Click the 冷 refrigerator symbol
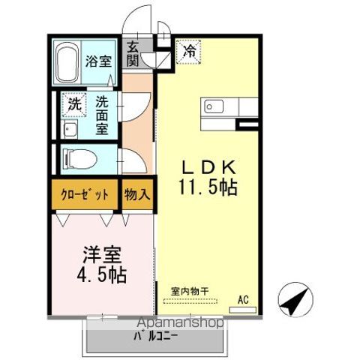(x=189, y=52)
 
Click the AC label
(x=243, y=299)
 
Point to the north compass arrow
(x=295, y=301)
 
